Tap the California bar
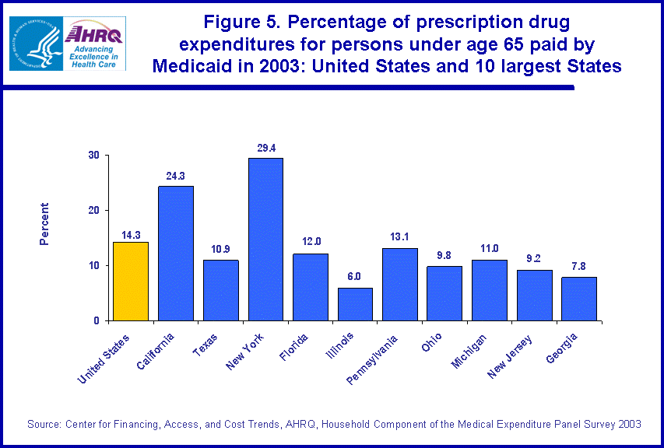click(175, 253)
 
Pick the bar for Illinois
click(355, 304)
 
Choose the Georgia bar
click(579, 299)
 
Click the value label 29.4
click(265, 148)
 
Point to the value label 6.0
click(355, 277)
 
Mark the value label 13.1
click(400, 238)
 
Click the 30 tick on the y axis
click(93, 156)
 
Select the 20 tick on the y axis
click(93, 211)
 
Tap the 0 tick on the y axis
click(97, 320)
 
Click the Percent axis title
click(45, 224)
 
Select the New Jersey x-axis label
click(511, 357)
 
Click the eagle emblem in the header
click(34, 42)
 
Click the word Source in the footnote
click(44, 424)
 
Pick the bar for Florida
click(311, 286)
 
